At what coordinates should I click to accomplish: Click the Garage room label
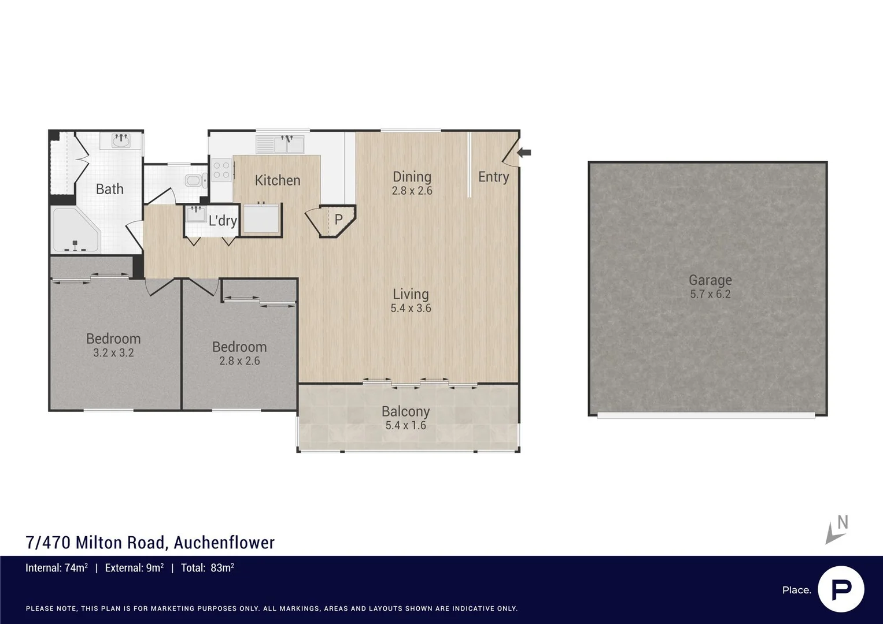[x=710, y=280]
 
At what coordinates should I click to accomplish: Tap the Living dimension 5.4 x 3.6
[x=411, y=309]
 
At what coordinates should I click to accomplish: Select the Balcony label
[x=405, y=411]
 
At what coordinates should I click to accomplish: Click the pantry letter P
[x=338, y=220]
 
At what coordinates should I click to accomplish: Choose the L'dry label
[x=223, y=220]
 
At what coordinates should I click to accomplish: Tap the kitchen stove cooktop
[x=221, y=170]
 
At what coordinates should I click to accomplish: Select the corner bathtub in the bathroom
[x=75, y=231]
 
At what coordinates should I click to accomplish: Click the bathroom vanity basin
[x=121, y=140]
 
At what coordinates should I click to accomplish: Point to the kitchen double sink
[x=287, y=143]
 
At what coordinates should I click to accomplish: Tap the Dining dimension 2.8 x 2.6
[x=412, y=191]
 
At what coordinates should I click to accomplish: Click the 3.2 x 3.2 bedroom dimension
[x=113, y=353]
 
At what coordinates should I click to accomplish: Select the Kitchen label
[x=278, y=180]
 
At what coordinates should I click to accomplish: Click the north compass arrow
[x=836, y=530]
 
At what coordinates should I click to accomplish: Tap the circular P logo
[x=841, y=589]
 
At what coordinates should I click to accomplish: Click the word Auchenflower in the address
[x=224, y=543]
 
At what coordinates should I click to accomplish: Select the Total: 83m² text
[x=207, y=568]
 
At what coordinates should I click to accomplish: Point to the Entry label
[x=493, y=177]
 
